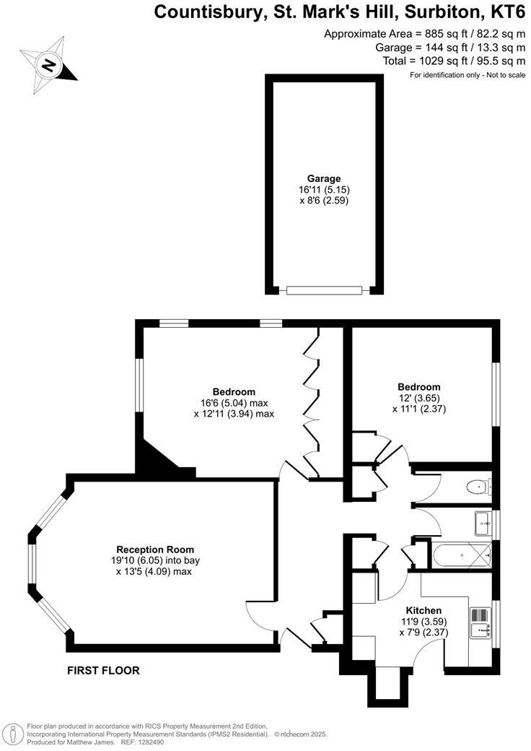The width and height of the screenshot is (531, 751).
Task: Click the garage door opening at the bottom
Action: click(322, 290)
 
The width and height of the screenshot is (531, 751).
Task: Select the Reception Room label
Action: click(157, 549)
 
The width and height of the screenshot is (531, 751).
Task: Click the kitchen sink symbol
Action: click(480, 622)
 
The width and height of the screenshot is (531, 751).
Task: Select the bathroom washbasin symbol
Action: click(482, 522)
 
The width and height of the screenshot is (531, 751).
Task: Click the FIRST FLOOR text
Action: click(103, 670)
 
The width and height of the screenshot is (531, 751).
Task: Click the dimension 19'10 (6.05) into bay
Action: click(157, 560)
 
